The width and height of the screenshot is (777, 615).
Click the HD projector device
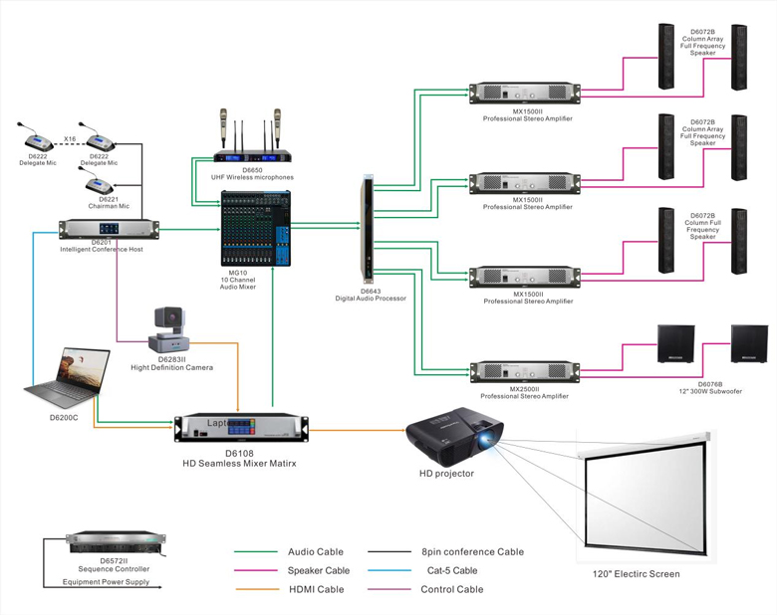454,438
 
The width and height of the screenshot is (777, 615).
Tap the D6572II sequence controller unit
106,544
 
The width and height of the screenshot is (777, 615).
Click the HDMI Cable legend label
316,589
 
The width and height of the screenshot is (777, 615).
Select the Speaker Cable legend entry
319,570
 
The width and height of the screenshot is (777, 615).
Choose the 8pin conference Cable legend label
474,551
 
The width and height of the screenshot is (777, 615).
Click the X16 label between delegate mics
70,138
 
